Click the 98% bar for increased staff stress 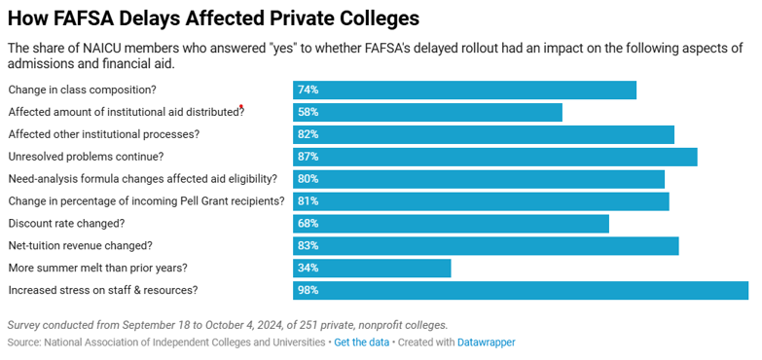click(x=521, y=290)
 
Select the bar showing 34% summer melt click(x=372, y=268)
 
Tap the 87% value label click(x=308, y=157)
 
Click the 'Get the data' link click(x=361, y=342)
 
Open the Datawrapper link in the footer click(x=487, y=342)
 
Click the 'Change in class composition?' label click(x=82, y=90)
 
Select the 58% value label click(x=308, y=112)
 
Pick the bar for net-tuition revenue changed click(x=486, y=246)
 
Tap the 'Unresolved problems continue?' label click(x=86, y=157)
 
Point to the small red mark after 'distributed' click(x=241, y=107)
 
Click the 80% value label click(x=308, y=179)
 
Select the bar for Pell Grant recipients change click(x=481, y=201)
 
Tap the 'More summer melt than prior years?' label click(x=96, y=268)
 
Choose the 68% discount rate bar click(x=451, y=224)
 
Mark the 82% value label click(x=308, y=134)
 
